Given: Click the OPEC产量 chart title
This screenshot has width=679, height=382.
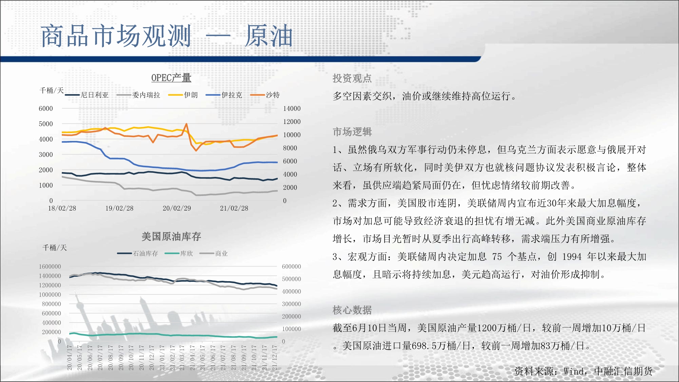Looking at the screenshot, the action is click(x=171, y=78).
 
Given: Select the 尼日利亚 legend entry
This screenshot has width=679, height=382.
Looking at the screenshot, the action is click(x=87, y=95).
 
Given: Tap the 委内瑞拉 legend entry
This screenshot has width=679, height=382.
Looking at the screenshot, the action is click(x=138, y=95).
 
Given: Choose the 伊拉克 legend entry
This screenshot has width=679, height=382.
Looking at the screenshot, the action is click(x=224, y=95).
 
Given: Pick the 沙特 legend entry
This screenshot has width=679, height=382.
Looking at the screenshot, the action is click(x=265, y=95).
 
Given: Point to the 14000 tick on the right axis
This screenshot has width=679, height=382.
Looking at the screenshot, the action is click(x=292, y=109).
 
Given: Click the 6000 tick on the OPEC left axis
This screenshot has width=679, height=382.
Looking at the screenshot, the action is click(x=46, y=109).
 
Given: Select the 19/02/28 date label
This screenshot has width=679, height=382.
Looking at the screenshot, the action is click(x=119, y=208).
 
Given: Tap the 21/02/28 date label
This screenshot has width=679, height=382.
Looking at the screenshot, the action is click(x=234, y=208).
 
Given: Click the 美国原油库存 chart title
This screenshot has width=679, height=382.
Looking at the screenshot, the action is click(x=171, y=236).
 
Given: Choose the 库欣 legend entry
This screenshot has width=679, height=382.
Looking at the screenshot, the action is click(x=179, y=253).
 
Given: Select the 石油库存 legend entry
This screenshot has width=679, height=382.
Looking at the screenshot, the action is click(x=137, y=253).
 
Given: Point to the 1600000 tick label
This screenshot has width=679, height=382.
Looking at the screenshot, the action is click(x=50, y=267).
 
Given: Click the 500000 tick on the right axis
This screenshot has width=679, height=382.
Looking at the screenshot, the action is click(x=291, y=279).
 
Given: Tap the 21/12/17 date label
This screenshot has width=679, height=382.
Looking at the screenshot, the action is click(x=274, y=358).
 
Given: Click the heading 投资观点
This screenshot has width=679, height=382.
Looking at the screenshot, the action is click(x=352, y=78).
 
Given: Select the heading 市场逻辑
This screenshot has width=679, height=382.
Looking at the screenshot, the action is click(x=352, y=132).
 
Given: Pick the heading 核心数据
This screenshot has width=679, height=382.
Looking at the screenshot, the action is click(x=352, y=310).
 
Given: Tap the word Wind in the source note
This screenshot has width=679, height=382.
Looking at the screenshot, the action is click(x=574, y=371).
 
